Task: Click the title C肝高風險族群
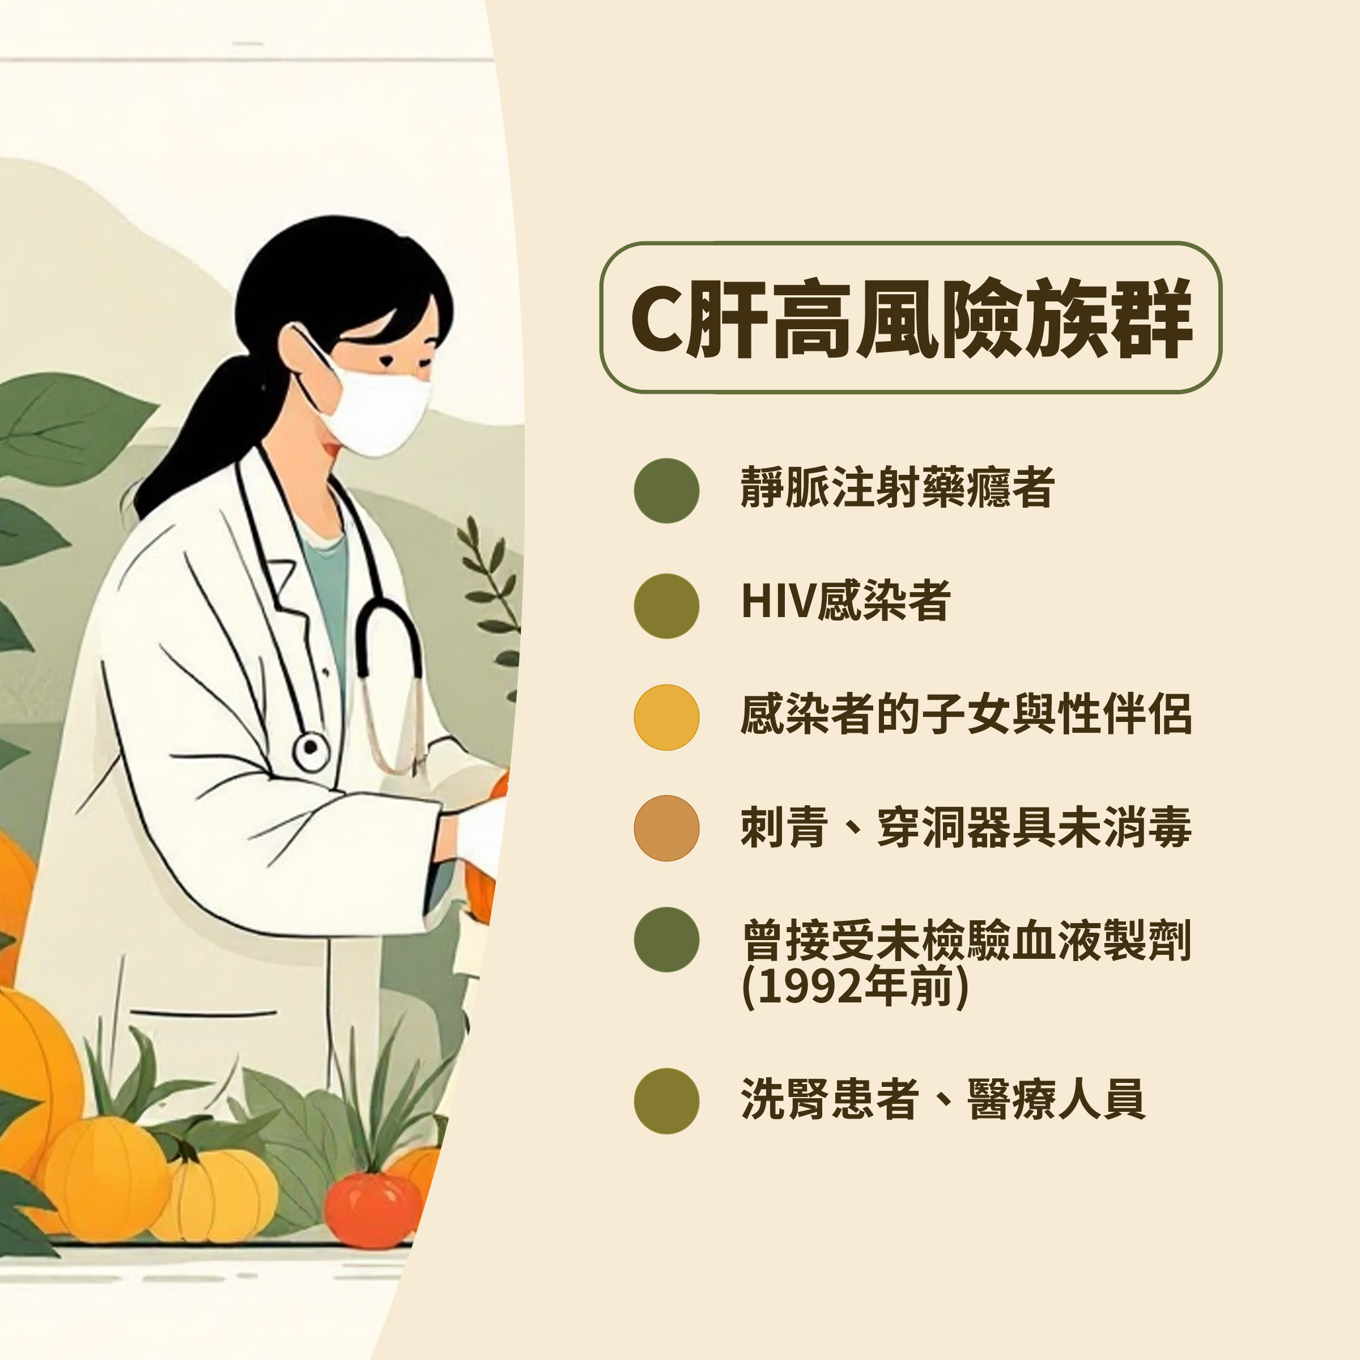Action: (910, 317)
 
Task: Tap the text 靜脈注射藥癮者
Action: (897, 487)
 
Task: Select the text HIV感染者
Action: (845, 601)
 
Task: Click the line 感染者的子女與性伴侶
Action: (966, 715)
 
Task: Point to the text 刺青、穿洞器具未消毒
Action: (966, 827)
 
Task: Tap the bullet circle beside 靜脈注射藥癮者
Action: (666, 491)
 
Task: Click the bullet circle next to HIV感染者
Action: (666, 606)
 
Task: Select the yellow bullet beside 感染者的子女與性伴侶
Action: (666, 717)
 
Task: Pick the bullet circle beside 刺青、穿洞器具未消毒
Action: (666, 828)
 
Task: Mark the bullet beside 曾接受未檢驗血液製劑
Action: (666, 940)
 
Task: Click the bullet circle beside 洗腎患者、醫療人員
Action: (666, 1101)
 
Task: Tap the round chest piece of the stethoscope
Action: (311, 752)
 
